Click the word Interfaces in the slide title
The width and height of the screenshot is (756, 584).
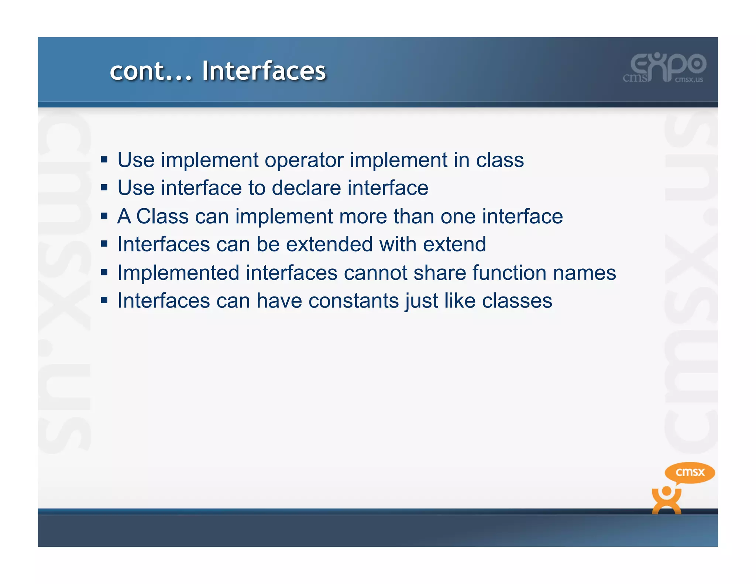(x=264, y=71)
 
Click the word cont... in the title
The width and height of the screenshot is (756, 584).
(x=151, y=71)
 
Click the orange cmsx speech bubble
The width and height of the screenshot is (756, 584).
(x=690, y=472)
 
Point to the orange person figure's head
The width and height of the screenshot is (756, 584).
(x=666, y=491)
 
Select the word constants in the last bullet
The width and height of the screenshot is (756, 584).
(x=354, y=301)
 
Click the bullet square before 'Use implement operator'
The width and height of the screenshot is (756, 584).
(x=104, y=160)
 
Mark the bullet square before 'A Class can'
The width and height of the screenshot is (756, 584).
(x=104, y=216)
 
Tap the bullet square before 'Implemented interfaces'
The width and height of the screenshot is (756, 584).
(x=104, y=272)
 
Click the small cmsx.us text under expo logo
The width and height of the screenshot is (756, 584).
(x=689, y=79)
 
